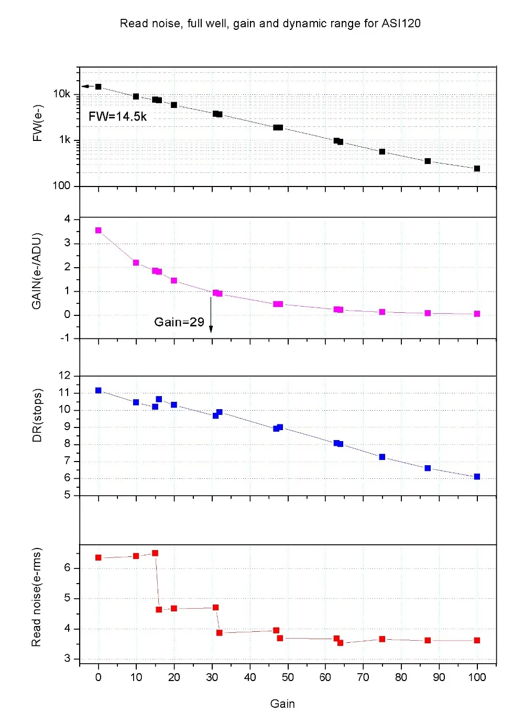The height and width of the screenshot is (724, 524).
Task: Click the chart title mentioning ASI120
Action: point(270,24)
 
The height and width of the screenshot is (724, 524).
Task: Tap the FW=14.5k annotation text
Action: point(117,116)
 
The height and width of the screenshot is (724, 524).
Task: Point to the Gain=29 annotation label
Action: point(179,322)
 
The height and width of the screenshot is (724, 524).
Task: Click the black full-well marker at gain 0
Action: point(98,87)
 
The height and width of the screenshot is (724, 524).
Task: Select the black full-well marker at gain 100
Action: point(477,169)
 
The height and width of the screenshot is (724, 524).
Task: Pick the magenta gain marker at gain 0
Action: point(98,231)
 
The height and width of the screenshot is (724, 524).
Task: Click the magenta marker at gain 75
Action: point(382,312)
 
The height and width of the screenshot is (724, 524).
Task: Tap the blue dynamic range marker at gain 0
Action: point(98,390)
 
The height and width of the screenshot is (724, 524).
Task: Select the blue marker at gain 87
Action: point(428,468)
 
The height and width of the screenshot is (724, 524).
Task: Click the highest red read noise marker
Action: point(155,553)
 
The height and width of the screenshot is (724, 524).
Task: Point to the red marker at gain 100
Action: point(477,640)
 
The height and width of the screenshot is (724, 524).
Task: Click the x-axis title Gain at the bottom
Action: point(282,704)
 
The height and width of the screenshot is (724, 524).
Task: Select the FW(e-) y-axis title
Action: point(37,123)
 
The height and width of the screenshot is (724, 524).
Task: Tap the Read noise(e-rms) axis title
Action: point(36,597)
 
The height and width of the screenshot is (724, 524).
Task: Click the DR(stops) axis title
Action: point(37,415)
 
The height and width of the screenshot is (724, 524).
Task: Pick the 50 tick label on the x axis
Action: point(288,677)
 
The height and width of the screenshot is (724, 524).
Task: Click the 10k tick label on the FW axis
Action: point(61,94)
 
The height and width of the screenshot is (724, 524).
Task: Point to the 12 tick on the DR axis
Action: point(64,376)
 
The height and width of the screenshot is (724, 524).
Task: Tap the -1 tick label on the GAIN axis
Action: point(64,338)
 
